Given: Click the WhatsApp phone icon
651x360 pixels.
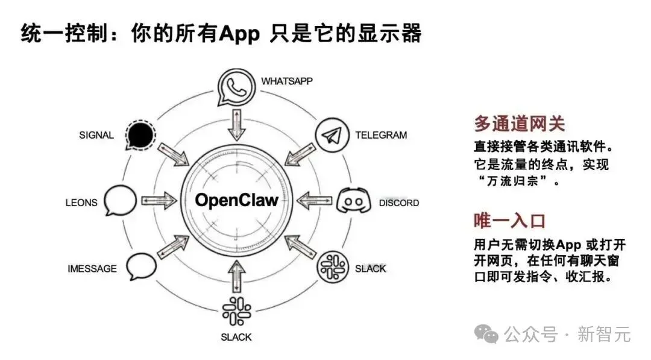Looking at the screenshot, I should [236, 86].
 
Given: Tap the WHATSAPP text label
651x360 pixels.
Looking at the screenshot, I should [286, 81].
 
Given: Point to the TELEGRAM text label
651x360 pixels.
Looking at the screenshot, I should [381, 135].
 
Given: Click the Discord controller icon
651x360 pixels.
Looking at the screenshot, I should [351, 201].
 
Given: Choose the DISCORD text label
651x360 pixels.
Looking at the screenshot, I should [398, 203].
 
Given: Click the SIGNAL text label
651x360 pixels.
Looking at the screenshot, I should [96, 135].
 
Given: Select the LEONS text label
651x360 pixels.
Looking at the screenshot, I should [81, 203].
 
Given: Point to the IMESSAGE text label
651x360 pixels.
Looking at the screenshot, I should [92, 268].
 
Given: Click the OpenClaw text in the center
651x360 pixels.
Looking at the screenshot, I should [236, 200].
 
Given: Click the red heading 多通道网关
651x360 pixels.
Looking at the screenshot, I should [519, 124].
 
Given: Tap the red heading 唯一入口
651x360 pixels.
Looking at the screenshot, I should [509, 221].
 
